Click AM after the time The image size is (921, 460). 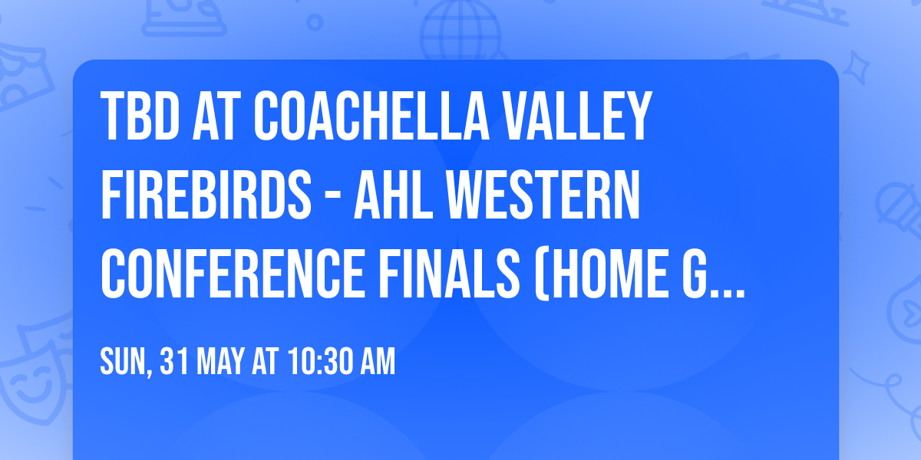point(375,361)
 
